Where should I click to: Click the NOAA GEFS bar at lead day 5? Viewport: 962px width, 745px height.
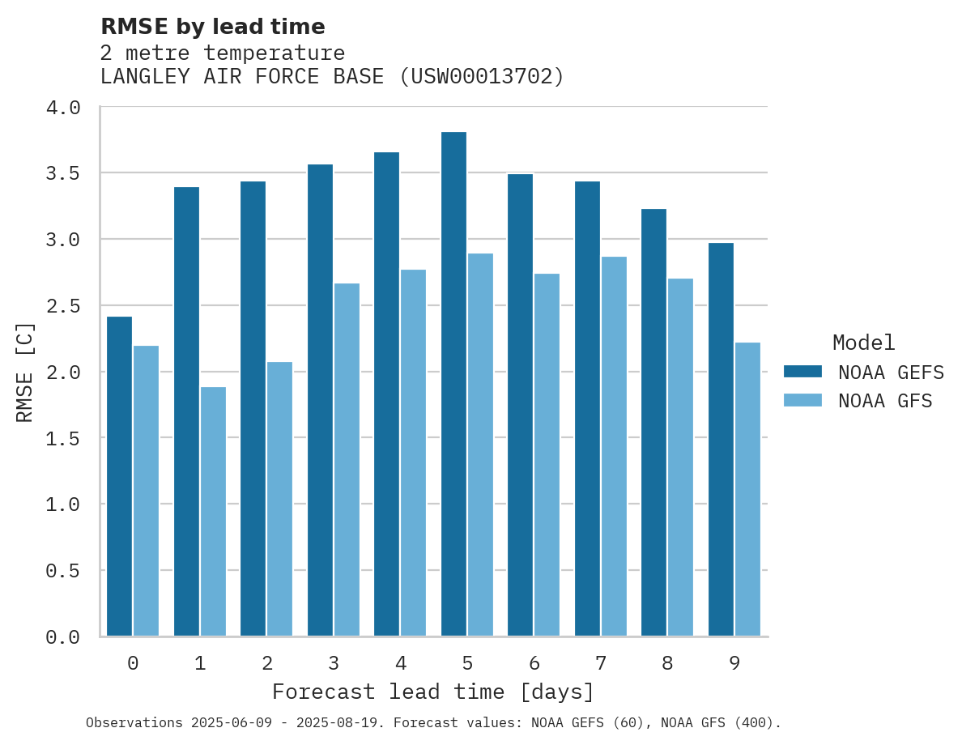pos(453,384)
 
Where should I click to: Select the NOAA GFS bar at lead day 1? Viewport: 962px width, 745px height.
pos(213,512)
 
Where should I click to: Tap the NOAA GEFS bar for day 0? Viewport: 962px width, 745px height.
pos(119,476)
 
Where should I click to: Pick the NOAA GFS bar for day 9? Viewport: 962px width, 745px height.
pos(747,489)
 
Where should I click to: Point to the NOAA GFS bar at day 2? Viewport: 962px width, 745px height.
pos(279,499)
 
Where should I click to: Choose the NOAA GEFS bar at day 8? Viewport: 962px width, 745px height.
pos(653,423)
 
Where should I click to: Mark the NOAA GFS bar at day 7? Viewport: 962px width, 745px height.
pos(614,446)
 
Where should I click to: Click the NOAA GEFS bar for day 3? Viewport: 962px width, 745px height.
pos(320,400)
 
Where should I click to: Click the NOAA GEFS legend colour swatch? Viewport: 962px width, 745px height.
pos(802,372)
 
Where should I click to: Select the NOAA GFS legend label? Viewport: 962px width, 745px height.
pos(885,401)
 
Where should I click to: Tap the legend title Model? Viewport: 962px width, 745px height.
pos(863,343)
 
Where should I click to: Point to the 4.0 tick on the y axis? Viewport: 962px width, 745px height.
pos(62,108)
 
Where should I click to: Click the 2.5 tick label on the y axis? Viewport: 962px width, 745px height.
pos(62,306)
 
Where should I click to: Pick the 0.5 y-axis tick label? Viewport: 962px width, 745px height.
pos(62,571)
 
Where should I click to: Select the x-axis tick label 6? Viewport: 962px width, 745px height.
pos(534,664)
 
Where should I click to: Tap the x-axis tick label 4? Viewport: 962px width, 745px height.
pos(401,664)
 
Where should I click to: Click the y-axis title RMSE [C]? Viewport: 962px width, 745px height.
pos(26,372)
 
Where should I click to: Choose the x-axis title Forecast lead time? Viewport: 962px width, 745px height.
pos(433,692)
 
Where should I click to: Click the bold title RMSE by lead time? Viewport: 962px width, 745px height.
pos(212,27)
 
